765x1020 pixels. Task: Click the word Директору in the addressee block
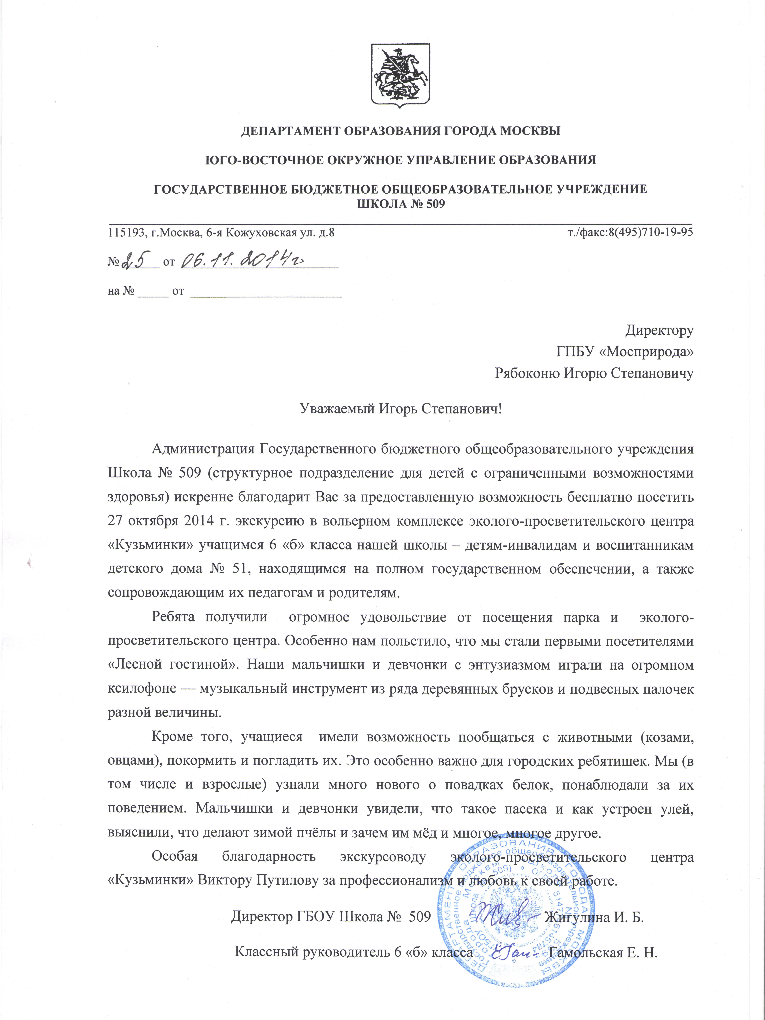(x=659, y=331)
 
